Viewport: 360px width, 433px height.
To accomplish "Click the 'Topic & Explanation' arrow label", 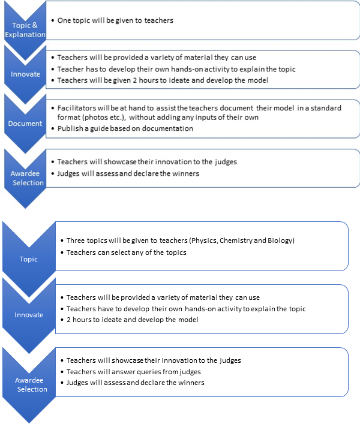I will coord(25,30).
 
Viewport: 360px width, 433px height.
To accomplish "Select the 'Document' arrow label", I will coord(25,124).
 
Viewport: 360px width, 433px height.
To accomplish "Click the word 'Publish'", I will coord(70,128).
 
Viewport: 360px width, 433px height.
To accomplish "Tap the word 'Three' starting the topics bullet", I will coord(76,240).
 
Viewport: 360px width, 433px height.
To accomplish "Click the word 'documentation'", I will coord(168,128).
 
